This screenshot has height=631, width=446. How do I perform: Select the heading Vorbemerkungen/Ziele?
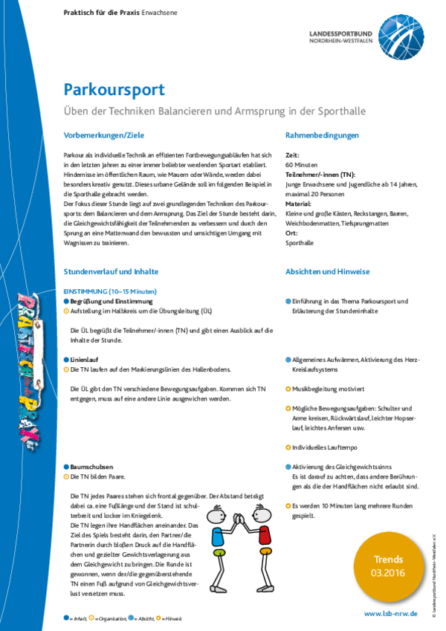tap(104, 135)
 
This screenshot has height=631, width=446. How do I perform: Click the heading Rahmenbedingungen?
tap(322, 135)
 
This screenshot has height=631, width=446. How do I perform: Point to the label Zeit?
tap(292, 153)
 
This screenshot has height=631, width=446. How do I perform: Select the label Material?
tap(297, 203)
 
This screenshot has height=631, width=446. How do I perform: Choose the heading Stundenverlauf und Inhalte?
tap(111, 272)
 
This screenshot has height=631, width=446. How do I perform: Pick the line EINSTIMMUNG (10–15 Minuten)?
tap(110, 292)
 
